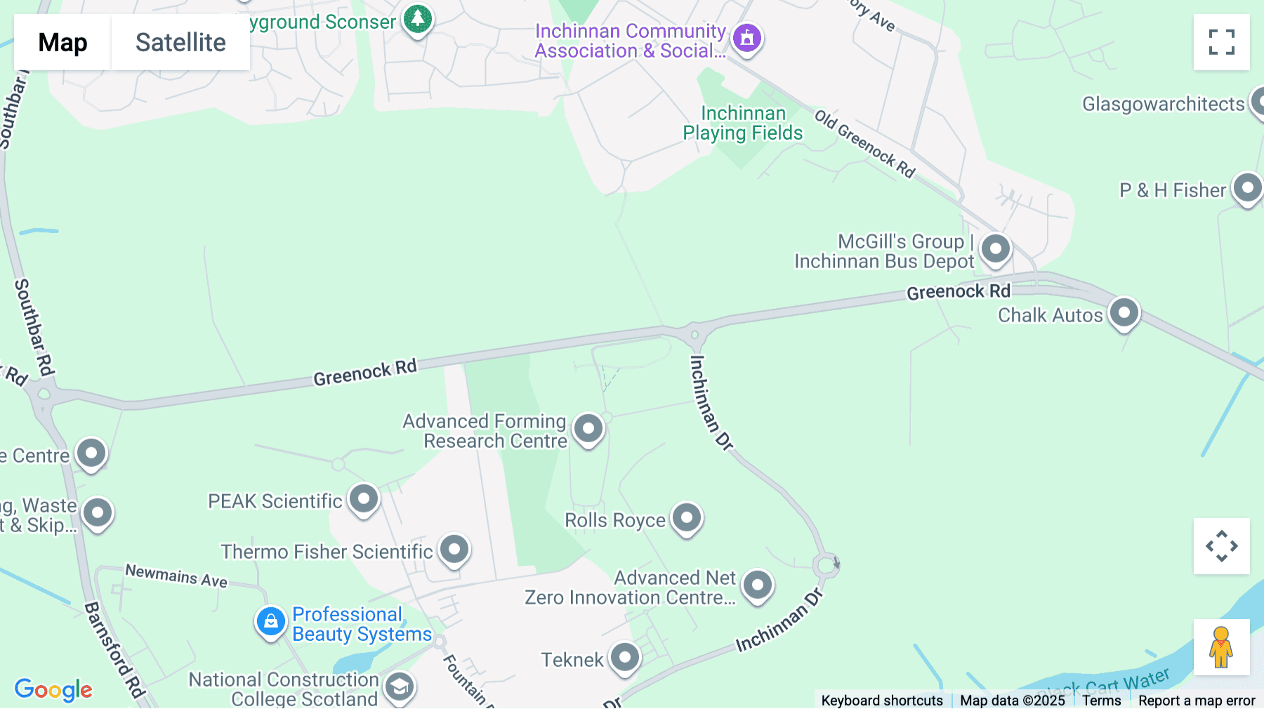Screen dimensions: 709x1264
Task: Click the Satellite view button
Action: click(180, 42)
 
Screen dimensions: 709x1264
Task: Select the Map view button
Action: click(62, 42)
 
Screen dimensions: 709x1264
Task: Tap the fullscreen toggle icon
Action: click(1221, 42)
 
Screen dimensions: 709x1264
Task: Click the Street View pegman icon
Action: click(1221, 647)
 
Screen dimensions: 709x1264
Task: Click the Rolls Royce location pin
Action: click(686, 518)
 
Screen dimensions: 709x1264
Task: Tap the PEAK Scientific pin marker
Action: click(364, 499)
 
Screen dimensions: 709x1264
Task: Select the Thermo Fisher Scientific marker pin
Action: click(454, 549)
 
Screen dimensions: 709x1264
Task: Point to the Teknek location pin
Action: click(625, 658)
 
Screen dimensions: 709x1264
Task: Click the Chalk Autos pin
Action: click(1124, 312)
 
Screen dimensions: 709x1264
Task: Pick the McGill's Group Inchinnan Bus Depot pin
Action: click(995, 249)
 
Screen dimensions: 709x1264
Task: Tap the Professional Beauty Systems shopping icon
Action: click(270, 621)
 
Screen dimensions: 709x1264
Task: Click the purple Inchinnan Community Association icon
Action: click(747, 38)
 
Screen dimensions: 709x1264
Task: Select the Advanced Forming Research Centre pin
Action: click(588, 428)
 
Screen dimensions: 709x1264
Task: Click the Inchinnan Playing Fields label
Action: click(743, 123)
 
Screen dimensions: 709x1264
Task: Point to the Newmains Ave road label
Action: click(176, 576)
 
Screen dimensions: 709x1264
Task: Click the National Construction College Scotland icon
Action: click(400, 687)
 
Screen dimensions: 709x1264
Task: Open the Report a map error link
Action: click(1197, 701)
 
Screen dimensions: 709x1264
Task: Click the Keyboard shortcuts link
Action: click(882, 701)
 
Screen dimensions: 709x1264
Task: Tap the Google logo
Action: click(53, 689)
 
